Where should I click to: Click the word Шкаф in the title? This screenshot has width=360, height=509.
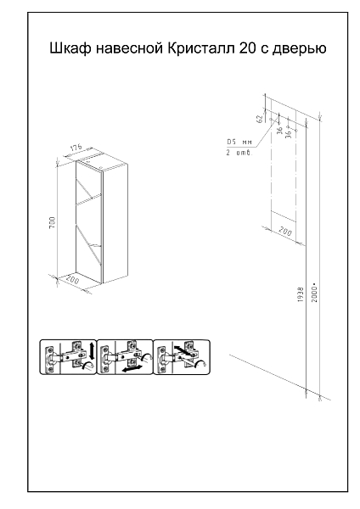click(70, 48)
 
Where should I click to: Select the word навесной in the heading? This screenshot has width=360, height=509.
click(130, 48)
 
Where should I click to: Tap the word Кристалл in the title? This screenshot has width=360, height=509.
click(201, 48)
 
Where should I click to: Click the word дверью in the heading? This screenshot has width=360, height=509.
click(299, 48)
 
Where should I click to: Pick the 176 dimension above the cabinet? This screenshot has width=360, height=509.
click(76, 148)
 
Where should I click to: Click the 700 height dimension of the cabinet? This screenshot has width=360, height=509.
click(53, 222)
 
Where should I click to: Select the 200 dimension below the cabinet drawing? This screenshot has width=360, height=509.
click(72, 279)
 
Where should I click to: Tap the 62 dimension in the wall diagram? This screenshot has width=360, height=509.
click(260, 119)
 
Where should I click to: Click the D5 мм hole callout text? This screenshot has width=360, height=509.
click(239, 143)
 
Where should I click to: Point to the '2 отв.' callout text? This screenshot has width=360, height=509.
click(239, 153)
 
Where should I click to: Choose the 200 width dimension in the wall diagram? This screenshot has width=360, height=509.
click(285, 231)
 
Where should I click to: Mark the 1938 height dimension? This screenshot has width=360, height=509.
click(301, 294)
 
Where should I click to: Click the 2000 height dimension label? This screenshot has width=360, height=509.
click(314, 294)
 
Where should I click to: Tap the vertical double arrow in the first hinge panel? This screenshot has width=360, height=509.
click(92, 350)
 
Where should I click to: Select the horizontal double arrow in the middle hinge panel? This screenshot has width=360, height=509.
click(133, 368)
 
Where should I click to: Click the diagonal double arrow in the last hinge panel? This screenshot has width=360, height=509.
click(183, 351)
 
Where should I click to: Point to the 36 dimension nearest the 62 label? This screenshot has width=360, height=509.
click(279, 131)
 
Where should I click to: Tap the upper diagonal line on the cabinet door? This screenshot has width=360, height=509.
click(84, 187)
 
